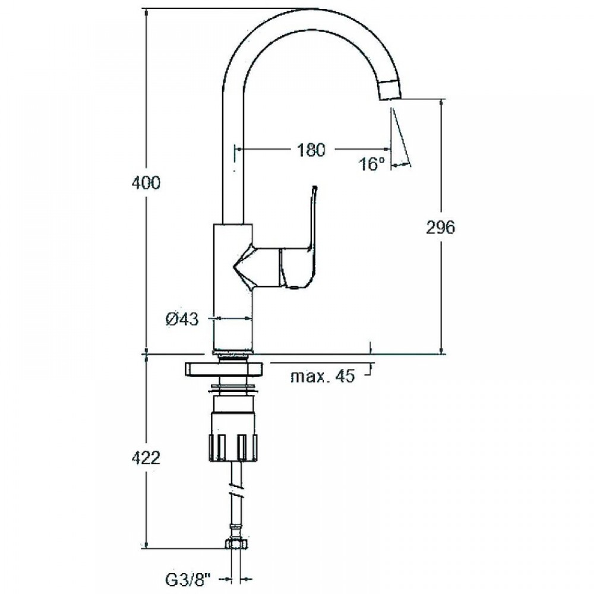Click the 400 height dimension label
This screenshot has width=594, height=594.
pos(146,183)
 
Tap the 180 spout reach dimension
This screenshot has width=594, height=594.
pos(311,150)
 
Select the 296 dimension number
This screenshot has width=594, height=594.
pos(440,228)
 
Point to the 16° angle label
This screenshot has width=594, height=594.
pos(372,164)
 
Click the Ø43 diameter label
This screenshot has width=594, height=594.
pos(182,320)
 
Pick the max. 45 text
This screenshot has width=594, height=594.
pos(323,376)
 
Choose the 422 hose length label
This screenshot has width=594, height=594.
pos(146,459)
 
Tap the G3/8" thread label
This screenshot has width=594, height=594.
pos(188,579)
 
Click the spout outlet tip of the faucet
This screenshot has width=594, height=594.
pos(390,98)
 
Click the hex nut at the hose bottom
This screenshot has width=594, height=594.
pos(235,544)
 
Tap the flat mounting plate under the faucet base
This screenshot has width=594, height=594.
pos(223,369)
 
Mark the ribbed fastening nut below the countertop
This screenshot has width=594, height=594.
pos(233,447)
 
